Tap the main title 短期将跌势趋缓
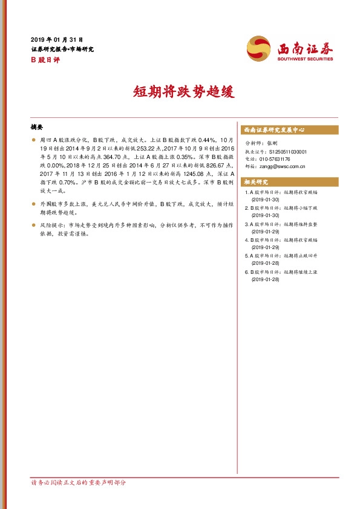(x=180, y=91)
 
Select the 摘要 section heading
(x=37, y=128)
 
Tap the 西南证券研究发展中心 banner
(x=273, y=130)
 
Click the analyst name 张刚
(x=272, y=143)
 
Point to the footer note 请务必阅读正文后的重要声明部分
(x=79, y=483)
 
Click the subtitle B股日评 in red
(x=42, y=60)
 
